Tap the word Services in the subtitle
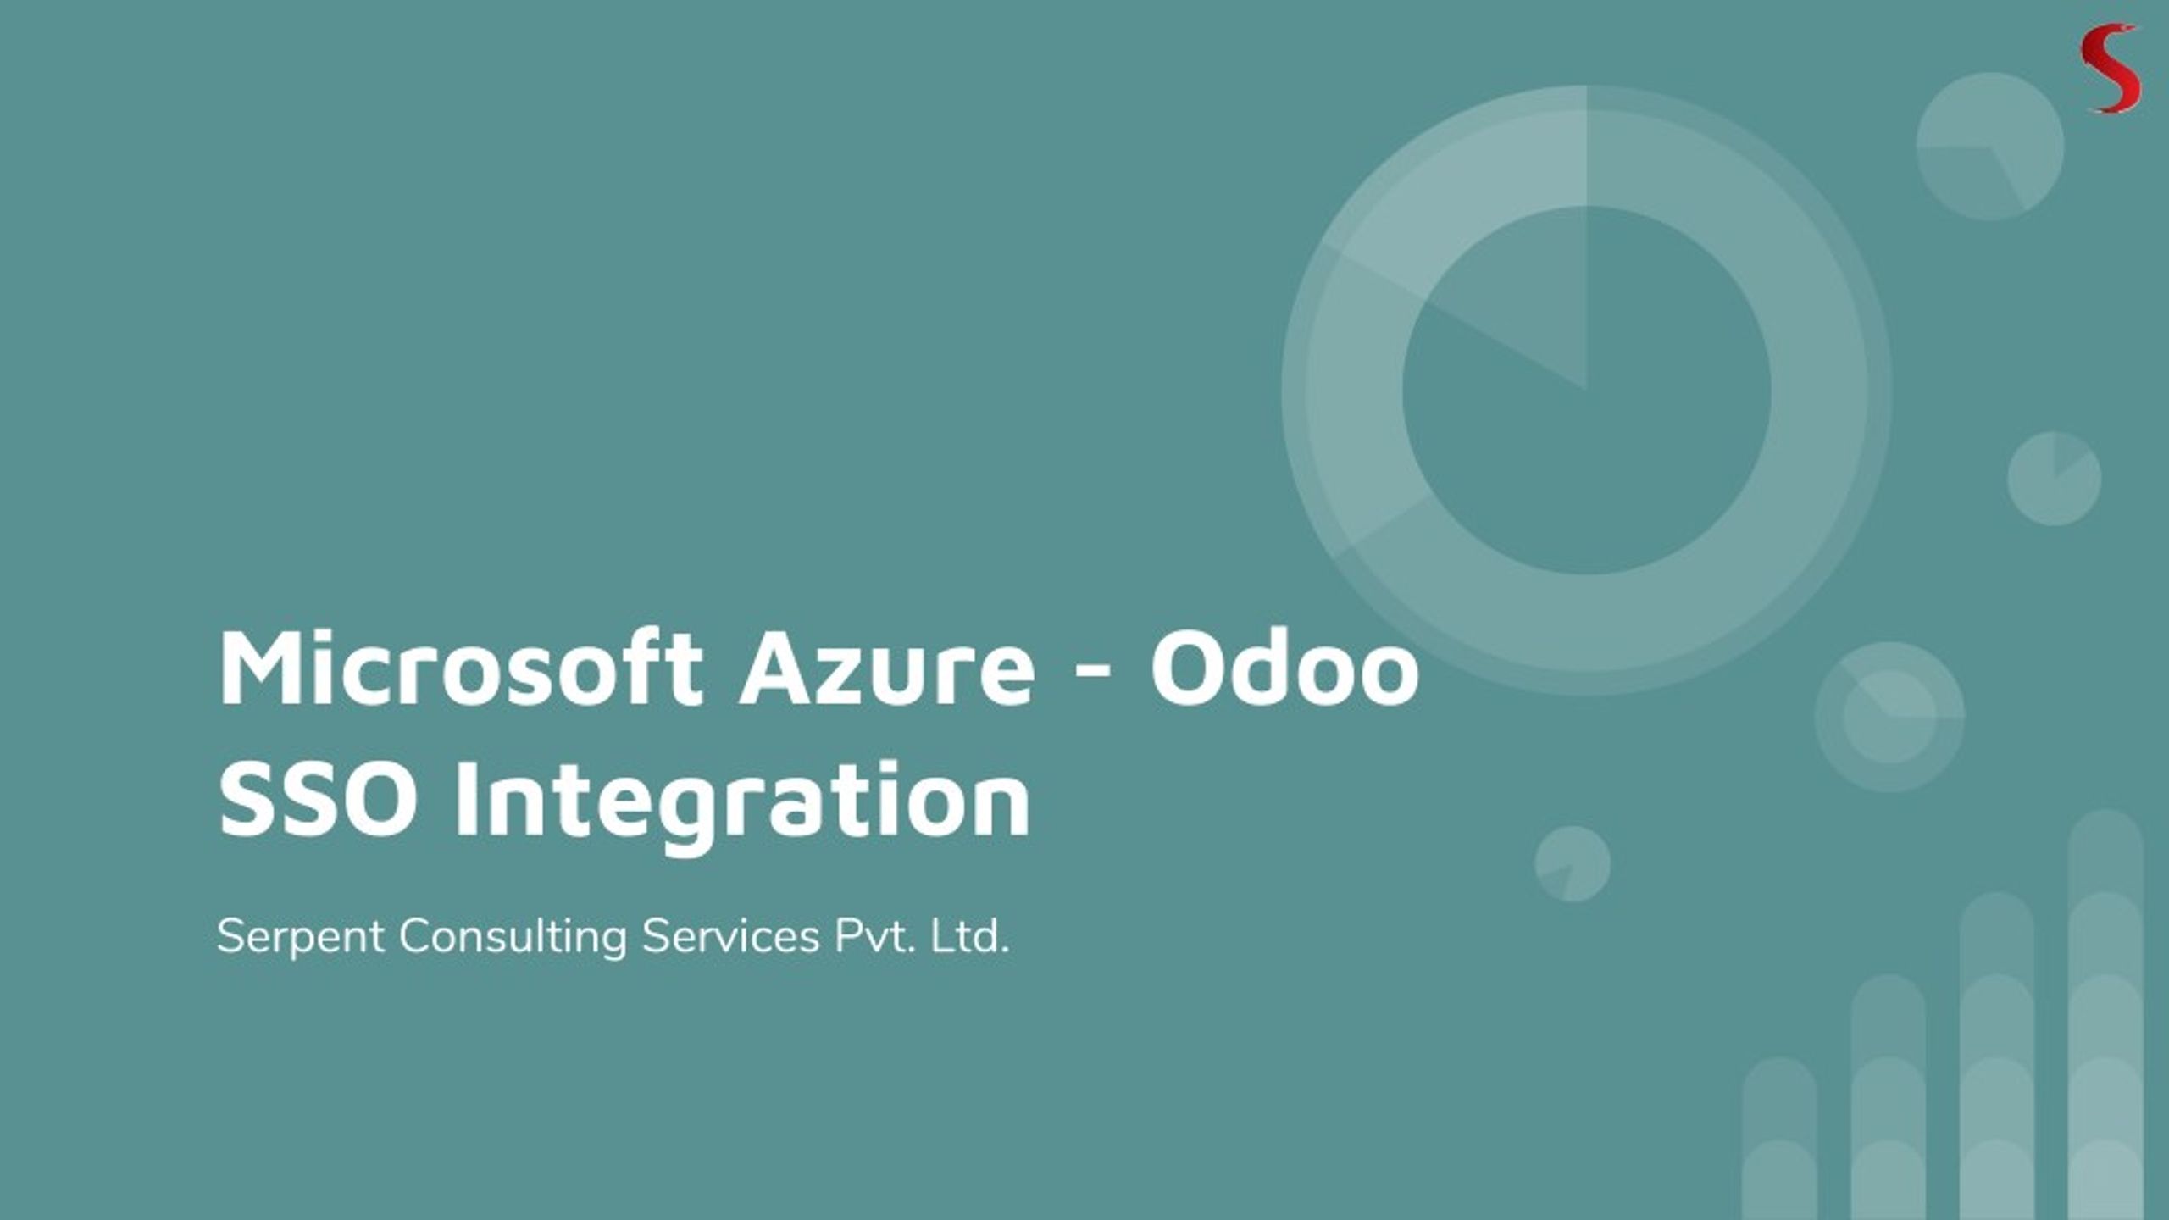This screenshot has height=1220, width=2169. coord(730,937)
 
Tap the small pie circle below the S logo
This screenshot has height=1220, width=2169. coord(1989,147)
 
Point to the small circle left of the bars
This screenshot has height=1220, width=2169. coord(1573,864)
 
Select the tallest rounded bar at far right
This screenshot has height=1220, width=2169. coord(2105,1017)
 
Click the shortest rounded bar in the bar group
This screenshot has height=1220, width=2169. coord(1779,1140)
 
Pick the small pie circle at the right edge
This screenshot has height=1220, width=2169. coord(2054,479)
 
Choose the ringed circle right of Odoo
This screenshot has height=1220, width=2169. coord(1889,717)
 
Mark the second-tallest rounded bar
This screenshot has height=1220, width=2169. coord(1997,1059)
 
